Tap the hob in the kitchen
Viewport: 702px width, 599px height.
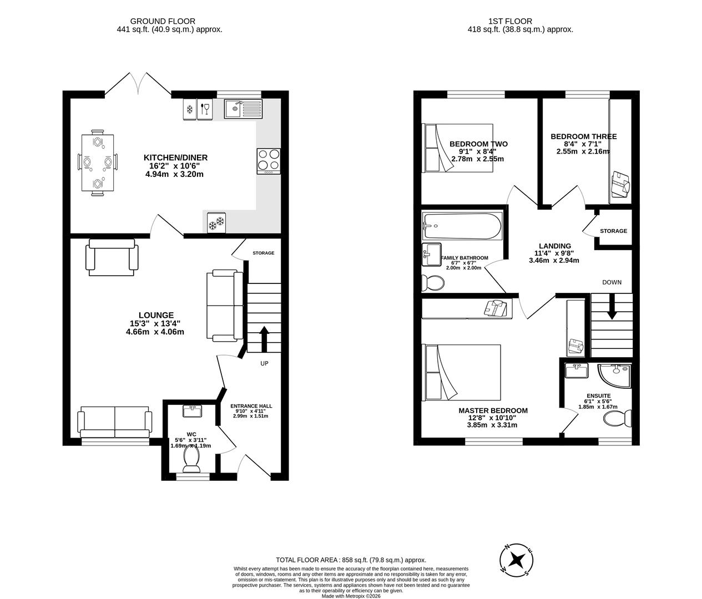click(269, 161)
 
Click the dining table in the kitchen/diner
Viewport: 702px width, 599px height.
click(98, 163)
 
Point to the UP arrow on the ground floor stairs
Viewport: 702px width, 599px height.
click(264, 338)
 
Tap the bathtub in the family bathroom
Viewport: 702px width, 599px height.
click(462, 226)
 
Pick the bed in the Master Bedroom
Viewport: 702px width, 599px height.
click(462, 372)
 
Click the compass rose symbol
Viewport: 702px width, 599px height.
click(517, 559)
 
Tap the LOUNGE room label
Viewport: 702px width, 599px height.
click(156, 315)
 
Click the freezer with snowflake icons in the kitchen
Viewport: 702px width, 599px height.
click(216, 222)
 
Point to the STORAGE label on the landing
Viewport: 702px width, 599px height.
click(613, 231)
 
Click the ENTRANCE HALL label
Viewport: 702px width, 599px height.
click(251, 406)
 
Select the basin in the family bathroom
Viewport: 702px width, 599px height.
click(431, 254)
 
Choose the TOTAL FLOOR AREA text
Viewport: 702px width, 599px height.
click(351, 560)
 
